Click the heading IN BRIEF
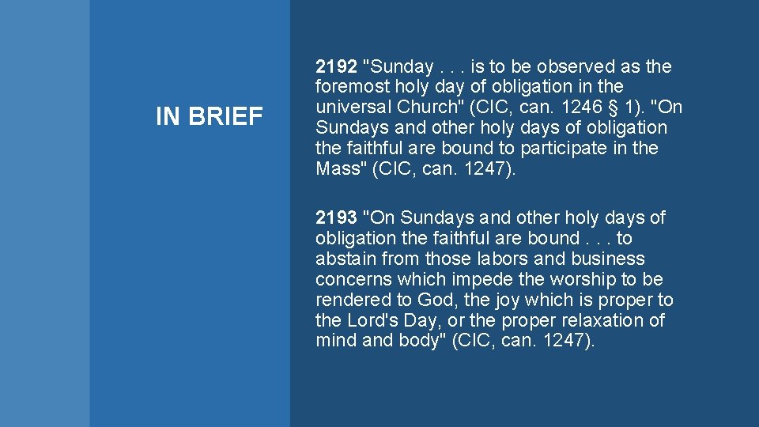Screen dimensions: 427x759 pos(209,117)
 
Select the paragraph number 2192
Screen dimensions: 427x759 pos(335,66)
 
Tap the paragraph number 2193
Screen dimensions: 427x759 pos(335,217)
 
